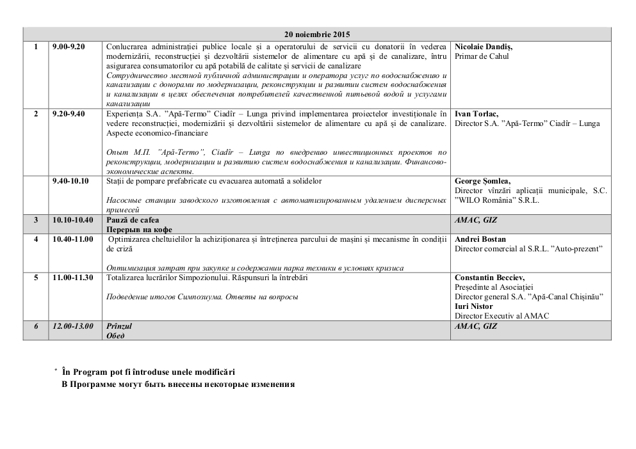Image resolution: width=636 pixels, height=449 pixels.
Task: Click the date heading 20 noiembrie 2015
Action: [x=317, y=35]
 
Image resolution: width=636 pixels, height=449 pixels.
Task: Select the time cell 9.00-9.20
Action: [x=69, y=47]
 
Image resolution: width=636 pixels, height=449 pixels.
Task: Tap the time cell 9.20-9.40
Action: [x=69, y=114]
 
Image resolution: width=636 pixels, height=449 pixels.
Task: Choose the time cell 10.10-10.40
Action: [x=72, y=220]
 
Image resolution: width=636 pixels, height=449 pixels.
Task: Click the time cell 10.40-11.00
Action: [x=72, y=239]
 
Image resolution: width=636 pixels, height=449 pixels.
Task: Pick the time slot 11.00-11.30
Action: [x=72, y=278]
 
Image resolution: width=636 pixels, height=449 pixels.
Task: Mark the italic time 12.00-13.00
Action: [x=72, y=326]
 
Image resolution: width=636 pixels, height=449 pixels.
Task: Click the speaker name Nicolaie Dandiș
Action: [x=484, y=47]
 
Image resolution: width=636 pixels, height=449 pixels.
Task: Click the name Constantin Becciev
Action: [x=489, y=278]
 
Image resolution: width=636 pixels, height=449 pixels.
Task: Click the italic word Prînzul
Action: [x=118, y=326]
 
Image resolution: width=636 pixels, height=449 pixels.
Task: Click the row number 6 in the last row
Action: [x=36, y=326]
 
